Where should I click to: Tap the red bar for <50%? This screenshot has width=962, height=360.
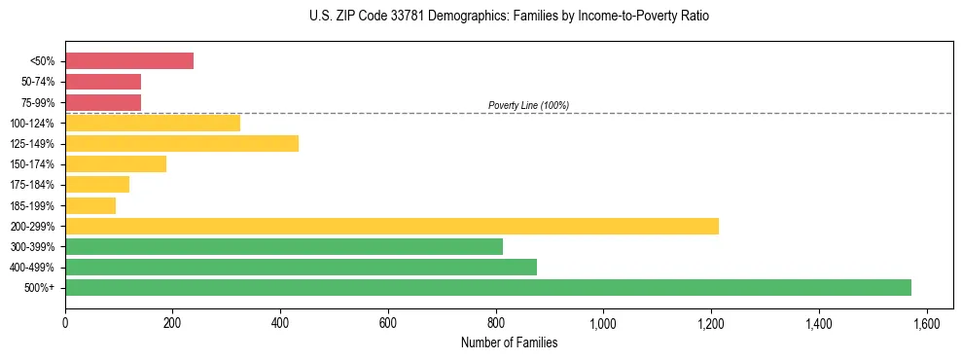129,60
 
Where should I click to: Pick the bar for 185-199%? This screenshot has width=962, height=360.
90,205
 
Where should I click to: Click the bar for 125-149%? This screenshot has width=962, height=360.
182,143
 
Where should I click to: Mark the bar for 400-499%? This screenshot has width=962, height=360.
301,267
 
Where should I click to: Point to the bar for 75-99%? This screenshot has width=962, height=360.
103,102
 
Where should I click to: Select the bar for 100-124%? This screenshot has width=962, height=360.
153,123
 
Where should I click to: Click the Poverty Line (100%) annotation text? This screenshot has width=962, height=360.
528,105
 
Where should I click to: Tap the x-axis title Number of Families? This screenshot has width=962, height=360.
509,342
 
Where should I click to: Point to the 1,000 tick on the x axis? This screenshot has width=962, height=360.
603,323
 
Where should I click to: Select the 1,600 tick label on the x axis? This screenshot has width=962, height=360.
926,323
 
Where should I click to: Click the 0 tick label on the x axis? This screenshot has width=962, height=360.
65,323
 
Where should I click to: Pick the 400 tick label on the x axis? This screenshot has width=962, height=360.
280,323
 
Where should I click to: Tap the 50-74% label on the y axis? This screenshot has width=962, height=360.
38,82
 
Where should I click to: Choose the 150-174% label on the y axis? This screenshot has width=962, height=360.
35,164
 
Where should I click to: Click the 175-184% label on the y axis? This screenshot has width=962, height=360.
35,185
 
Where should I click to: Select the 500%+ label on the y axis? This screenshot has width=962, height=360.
42,288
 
